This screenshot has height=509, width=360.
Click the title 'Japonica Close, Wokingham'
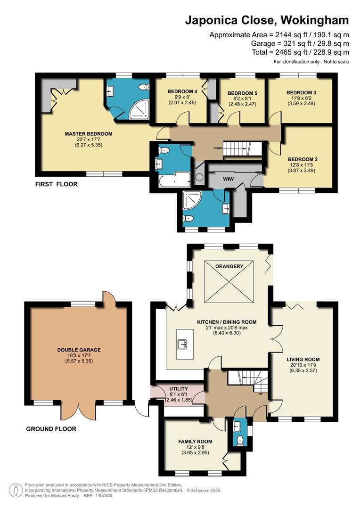[x=267, y=20]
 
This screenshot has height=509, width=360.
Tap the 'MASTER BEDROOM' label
[x=89, y=134]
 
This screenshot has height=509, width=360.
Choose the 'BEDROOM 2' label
[x=303, y=159]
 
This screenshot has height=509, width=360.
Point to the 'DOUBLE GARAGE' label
[x=79, y=350]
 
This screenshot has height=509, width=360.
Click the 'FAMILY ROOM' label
[x=195, y=442]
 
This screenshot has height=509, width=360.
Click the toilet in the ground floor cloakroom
[x=239, y=440]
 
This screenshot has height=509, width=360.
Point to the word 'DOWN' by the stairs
[x=218, y=148]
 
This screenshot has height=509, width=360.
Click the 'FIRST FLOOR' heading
[x=57, y=184]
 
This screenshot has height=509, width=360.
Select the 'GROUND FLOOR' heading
[x=51, y=429]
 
